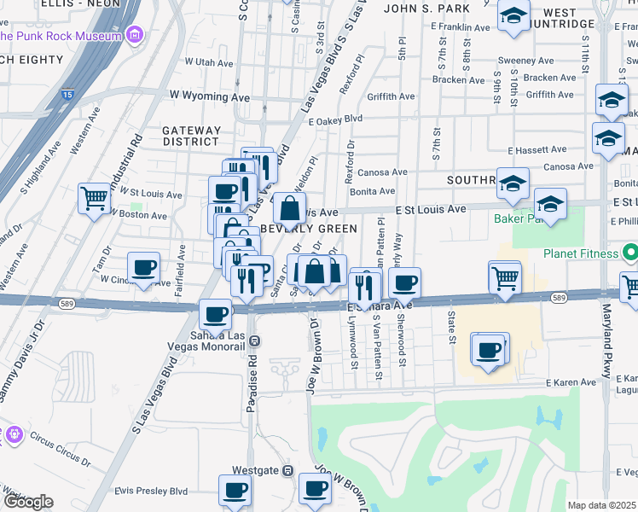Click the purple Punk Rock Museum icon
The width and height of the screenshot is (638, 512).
134,36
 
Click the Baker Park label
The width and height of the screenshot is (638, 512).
513,218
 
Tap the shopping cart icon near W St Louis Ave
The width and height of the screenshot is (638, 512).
95,198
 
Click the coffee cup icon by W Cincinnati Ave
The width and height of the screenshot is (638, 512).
143,267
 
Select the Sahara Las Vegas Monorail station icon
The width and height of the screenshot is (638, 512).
255,340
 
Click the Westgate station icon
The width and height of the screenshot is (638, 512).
288,470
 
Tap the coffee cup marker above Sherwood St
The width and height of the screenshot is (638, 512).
405,282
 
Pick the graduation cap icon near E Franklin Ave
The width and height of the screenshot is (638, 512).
513,16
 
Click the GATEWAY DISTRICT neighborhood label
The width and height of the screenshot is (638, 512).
192,136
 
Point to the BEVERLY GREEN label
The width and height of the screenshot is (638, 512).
309,229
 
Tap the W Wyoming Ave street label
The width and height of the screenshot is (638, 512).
209,97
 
